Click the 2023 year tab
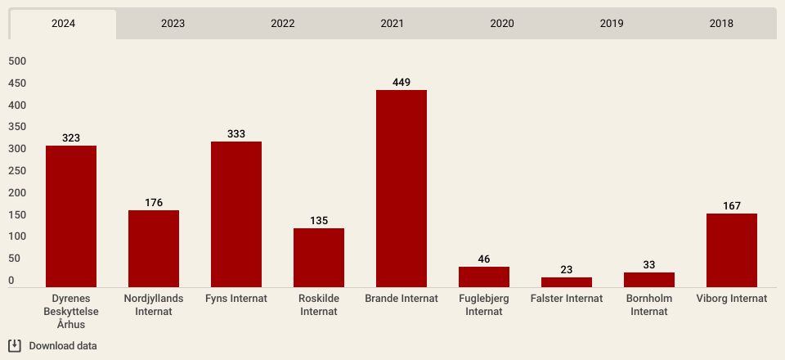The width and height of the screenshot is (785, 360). point(173,24)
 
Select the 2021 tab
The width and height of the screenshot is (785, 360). point(392,24)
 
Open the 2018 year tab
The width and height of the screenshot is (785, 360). point(721,24)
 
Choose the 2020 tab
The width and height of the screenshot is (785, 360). point(501,24)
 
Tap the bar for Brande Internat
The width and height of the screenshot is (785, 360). point(401,189)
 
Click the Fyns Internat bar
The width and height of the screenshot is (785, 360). point(236,214)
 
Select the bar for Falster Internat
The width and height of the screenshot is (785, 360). point(567,282)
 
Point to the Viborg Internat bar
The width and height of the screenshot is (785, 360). point(732,250)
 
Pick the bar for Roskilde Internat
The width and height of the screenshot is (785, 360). point(319,258)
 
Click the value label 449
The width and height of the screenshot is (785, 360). point(401,83)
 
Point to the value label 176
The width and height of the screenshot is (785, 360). point(154,203)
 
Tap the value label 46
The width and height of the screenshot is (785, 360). point(484,259)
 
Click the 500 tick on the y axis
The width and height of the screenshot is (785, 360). point(17,61)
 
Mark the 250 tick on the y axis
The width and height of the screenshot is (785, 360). point(17,171)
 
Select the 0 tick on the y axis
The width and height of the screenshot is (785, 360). point(11,281)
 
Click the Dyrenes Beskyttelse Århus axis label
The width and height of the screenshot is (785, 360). point(71,312)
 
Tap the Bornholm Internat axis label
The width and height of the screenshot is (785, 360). point(649,305)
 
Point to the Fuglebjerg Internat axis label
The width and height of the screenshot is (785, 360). point(484,305)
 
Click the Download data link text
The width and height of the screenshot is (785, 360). point(63,346)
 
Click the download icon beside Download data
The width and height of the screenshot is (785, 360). point(15,345)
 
